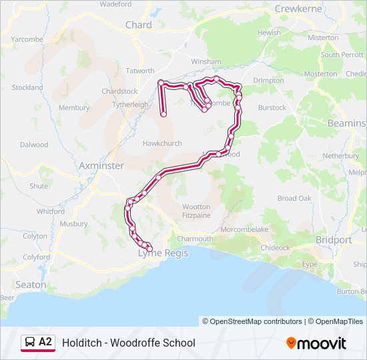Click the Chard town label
[x=138, y=25]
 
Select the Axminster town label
[x=101, y=165]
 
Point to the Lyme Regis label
[x=163, y=253]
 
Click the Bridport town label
[x=334, y=239]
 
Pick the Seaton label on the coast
[x=31, y=285]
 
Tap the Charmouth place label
[x=195, y=239]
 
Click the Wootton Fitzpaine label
[x=196, y=211]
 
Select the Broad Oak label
[x=294, y=199]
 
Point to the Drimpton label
[x=268, y=81]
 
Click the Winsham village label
[x=206, y=62]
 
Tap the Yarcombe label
[x=27, y=39]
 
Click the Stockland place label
[x=27, y=87]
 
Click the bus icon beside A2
[x=30, y=342]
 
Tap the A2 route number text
[x=45, y=342]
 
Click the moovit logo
[x=316, y=343]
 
